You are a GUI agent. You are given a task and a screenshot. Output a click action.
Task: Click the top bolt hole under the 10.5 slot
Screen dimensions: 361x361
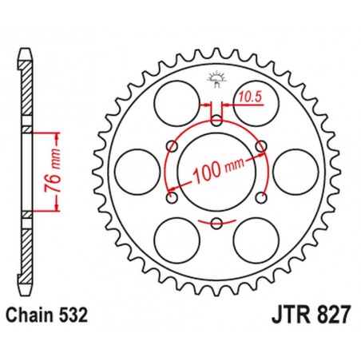coord(216,122)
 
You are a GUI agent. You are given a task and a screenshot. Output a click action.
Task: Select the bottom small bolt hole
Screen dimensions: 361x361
coord(216,221)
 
